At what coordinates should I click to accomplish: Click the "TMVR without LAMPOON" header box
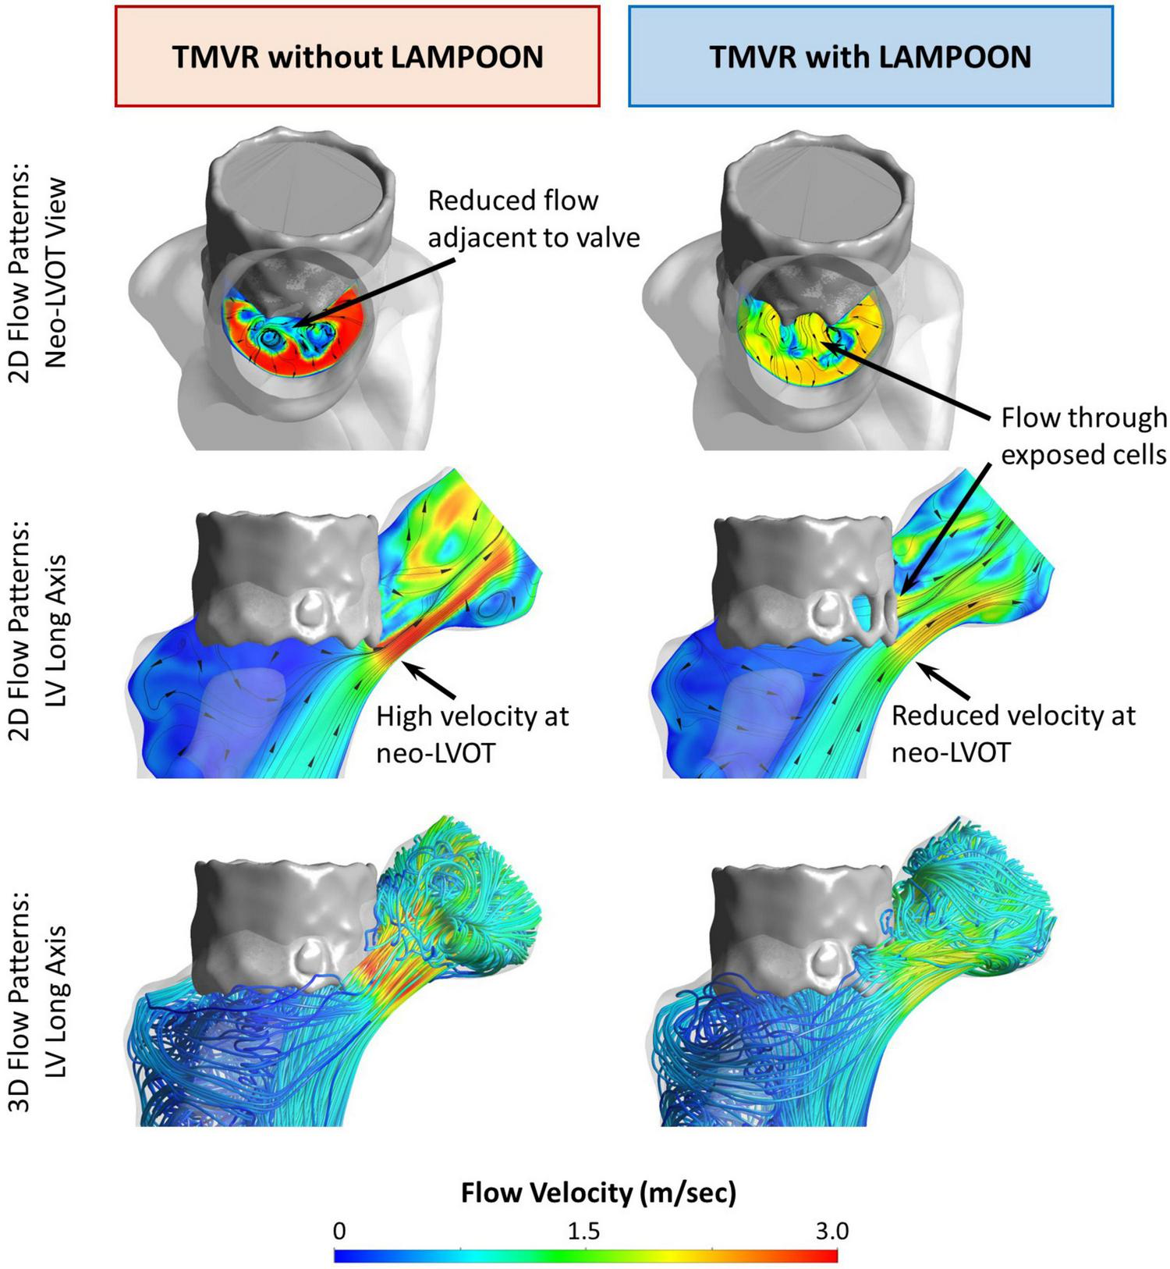coord(356,56)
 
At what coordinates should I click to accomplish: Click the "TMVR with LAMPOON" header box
coord(870,56)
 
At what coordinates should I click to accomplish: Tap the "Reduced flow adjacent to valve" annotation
coord(534,218)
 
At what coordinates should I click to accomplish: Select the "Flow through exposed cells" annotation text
coord(1083,435)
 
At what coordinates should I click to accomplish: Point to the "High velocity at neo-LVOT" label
coord(472,734)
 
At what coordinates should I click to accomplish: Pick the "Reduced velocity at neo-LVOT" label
coord(1013,734)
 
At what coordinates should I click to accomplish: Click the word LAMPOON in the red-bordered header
coord(467,57)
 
